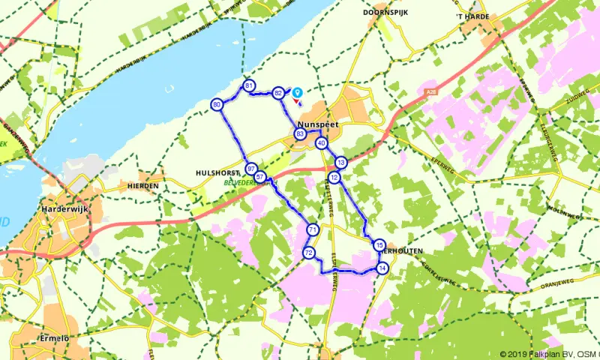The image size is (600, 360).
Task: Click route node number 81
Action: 248,85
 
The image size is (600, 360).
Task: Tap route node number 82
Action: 278,92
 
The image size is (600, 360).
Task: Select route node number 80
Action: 217,104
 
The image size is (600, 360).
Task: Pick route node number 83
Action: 300,134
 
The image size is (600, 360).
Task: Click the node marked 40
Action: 322,142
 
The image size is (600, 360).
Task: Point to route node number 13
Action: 341,162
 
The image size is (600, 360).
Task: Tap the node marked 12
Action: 334,177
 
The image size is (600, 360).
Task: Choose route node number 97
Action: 251,169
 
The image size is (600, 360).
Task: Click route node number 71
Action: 313,229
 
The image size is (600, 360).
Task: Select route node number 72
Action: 309,253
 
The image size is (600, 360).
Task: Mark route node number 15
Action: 379,245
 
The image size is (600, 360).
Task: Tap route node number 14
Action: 382,268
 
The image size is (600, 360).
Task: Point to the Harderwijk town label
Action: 66,210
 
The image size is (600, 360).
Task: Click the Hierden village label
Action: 143,185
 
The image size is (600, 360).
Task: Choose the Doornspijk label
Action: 385,13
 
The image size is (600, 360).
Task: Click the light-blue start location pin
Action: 297,93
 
